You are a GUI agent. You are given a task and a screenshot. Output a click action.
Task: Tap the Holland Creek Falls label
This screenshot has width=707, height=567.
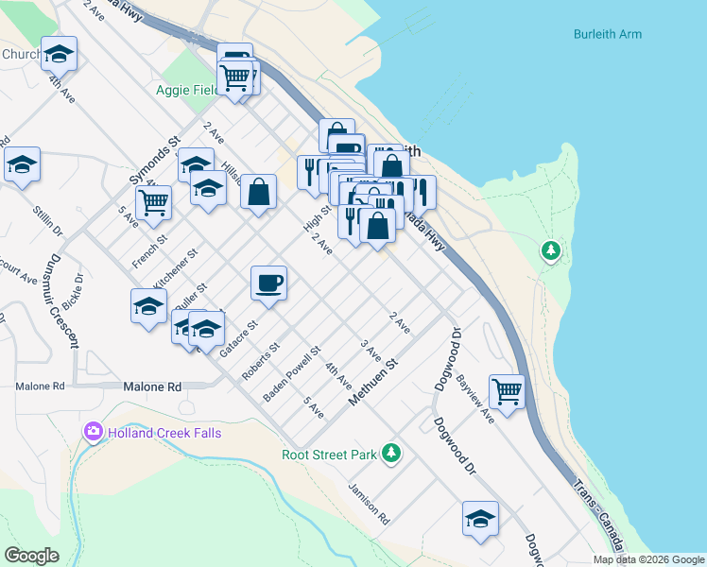164,433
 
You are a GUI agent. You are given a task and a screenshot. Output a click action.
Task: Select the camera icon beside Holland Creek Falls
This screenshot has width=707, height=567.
94,432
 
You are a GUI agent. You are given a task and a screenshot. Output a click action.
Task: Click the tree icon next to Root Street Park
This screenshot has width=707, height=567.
390,454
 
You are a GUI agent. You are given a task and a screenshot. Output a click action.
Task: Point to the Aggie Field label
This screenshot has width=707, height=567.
185,91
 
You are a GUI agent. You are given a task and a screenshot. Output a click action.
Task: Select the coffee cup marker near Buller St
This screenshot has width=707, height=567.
268,283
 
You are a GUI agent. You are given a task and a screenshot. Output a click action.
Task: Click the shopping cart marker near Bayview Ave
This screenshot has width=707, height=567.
508,390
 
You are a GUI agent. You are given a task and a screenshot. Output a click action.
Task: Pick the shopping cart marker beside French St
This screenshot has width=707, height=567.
153,201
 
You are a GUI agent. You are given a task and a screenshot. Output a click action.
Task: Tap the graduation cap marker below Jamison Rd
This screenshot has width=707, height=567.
480,518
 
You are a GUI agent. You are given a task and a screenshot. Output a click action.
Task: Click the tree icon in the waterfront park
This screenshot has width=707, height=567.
550,251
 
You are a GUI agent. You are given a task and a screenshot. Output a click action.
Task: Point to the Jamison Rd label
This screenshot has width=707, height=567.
368,504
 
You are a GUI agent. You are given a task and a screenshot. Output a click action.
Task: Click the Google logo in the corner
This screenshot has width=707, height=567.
31,556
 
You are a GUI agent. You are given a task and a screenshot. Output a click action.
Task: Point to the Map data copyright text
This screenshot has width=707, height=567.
647,559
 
